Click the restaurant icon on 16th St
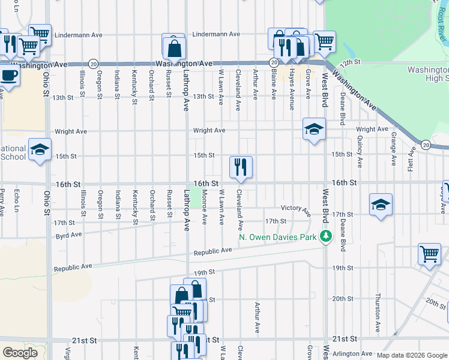pos(241,166)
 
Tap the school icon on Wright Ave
pos(313,128)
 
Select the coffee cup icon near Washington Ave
pos(8,76)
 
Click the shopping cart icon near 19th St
pos(429,254)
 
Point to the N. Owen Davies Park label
pos(278,237)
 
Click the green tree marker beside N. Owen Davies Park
pos(325,236)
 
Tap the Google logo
pos(20,353)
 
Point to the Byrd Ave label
pos(68,235)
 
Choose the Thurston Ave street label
pos(378,312)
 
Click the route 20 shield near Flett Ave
pos(426,145)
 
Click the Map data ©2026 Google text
pos(411,355)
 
